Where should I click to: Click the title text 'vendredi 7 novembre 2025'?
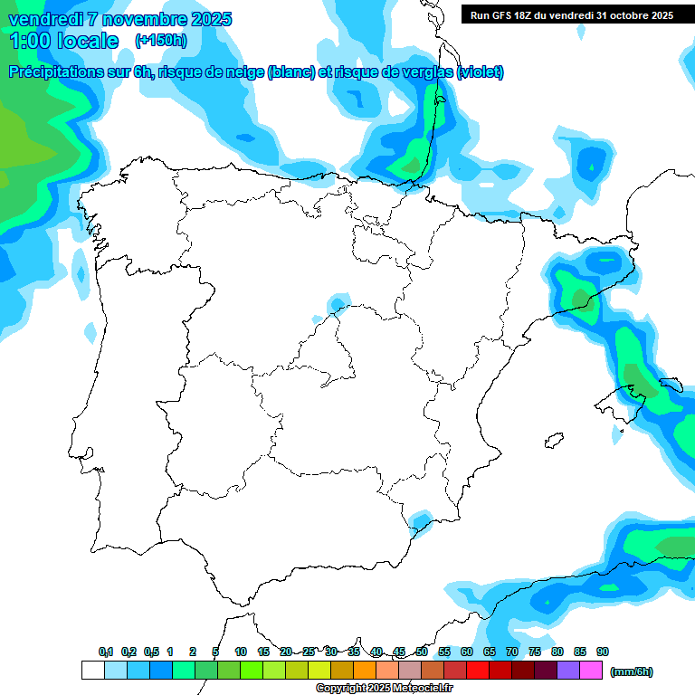120,19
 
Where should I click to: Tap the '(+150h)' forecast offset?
160,40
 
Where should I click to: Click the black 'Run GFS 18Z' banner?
571,15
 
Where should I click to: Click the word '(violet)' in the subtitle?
481,72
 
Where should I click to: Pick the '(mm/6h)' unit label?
632,671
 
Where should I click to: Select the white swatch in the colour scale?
92,671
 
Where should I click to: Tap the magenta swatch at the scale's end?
591,671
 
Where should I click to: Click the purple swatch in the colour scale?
568,671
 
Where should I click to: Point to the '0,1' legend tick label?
106,652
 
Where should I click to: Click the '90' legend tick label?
603,652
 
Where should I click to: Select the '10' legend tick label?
241,652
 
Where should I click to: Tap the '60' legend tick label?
467,652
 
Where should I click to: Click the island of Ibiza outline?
549,442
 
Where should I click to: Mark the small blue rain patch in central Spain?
339,301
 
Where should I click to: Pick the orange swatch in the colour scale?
365,671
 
